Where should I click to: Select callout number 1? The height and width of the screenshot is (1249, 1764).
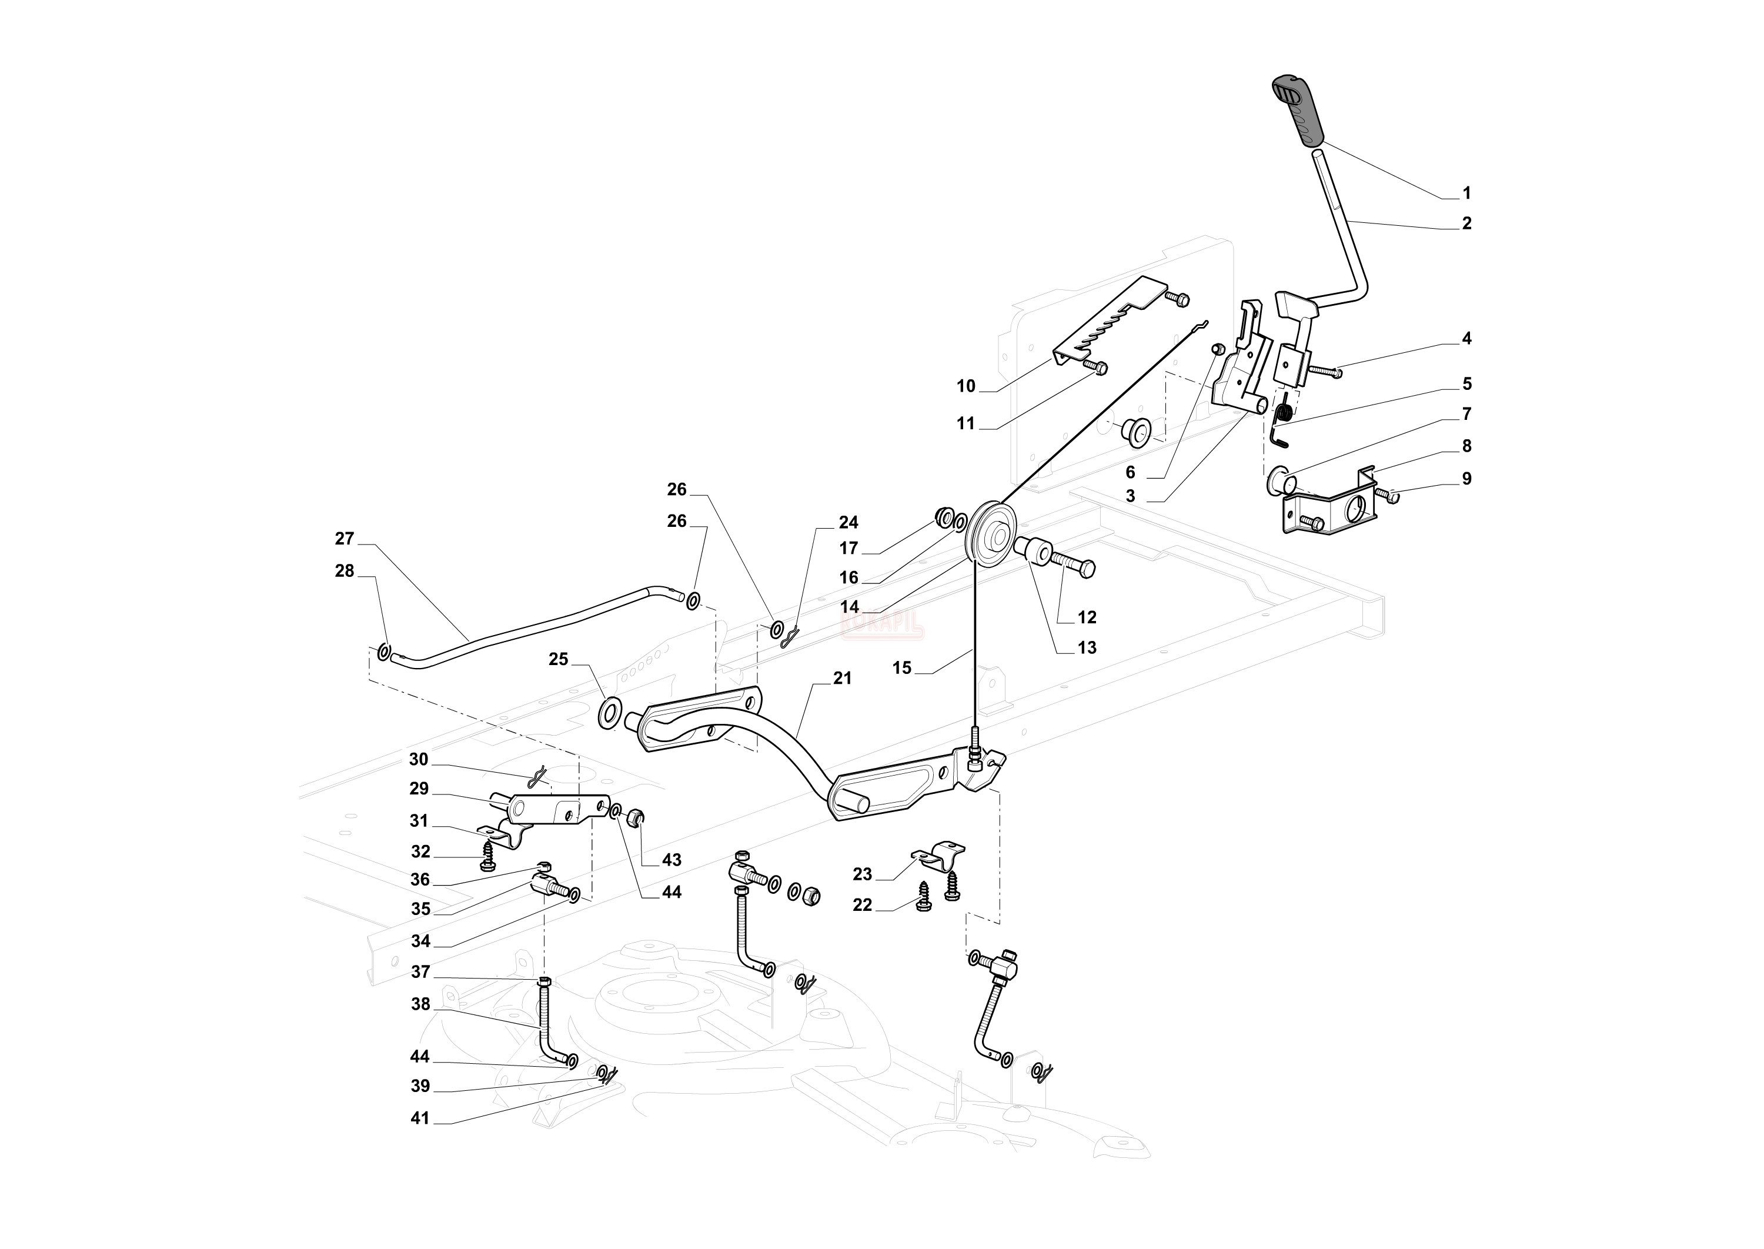pos(1466,193)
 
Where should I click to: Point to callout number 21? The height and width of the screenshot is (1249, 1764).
pos(842,679)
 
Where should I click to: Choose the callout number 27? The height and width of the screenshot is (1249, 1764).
pos(345,539)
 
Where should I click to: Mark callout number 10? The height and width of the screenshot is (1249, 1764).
pos(966,386)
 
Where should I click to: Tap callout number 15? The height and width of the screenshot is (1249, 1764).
pos(901,667)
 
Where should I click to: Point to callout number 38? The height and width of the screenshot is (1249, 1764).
pos(420,1004)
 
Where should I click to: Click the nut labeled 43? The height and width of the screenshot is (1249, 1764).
pos(636,817)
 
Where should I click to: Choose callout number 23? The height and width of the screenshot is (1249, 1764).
pos(862,874)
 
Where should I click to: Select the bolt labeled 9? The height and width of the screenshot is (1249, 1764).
pos(1388,496)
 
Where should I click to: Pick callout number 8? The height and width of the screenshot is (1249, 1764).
pos(1466,446)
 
